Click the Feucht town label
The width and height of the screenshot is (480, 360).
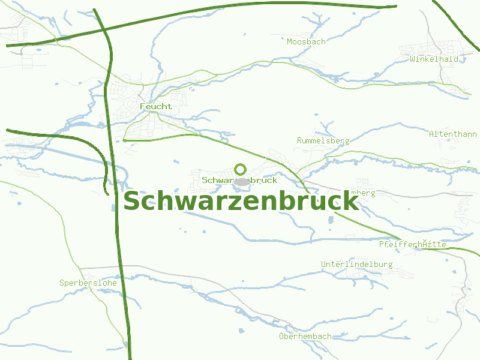pyautogui.click(x=155, y=106)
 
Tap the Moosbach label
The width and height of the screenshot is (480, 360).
pyautogui.click(x=306, y=41)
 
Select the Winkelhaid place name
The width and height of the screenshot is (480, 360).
pyautogui.click(x=434, y=59)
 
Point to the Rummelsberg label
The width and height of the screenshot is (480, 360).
pyautogui.click(x=323, y=140)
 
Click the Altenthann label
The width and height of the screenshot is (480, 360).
pyautogui.click(x=452, y=134)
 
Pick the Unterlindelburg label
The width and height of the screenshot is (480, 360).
pyautogui.click(x=356, y=264)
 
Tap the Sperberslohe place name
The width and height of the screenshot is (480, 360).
pyautogui.click(x=88, y=282)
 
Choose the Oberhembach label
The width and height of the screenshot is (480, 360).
pyautogui.click(x=305, y=336)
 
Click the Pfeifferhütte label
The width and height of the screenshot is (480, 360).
pyautogui.click(x=412, y=244)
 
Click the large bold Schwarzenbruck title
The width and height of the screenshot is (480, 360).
pyautogui.click(x=241, y=201)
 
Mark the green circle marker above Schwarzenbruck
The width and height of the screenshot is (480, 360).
pyautogui.click(x=241, y=169)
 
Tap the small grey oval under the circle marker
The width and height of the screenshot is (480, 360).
pyautogui.click(x=241, y=181)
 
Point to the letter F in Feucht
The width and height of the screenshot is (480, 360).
pyautogui.click(x=142, y=106)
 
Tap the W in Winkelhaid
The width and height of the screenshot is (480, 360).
pyautogui.click(x=413, y=59)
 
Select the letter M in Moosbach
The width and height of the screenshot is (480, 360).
pyautogui.click(x=290, y=41)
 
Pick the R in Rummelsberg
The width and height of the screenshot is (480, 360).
pyautogui.click(x=299, y=140)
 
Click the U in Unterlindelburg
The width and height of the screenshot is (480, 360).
pyautogui.click(x=323, y=264)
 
